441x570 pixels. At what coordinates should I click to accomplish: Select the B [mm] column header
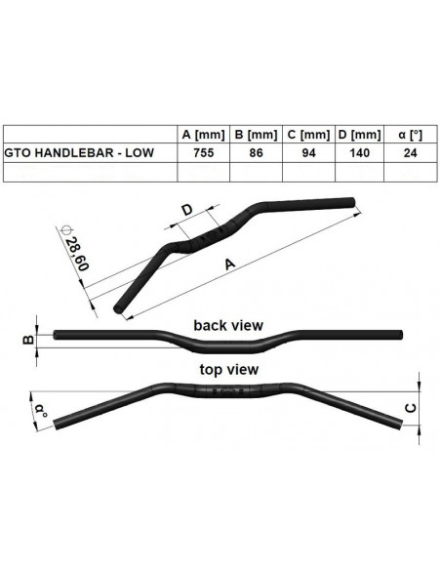258,134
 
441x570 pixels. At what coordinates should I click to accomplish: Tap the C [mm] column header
309,134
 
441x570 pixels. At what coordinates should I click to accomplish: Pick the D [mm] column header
359,134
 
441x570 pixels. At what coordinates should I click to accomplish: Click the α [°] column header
408,134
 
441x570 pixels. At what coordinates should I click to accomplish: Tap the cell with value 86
258,152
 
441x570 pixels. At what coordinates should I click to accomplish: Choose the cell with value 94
309,152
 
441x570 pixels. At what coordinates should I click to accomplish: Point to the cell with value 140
359,152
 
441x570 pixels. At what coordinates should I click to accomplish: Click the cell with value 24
408,152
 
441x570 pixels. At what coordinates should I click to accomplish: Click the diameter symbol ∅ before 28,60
65,230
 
